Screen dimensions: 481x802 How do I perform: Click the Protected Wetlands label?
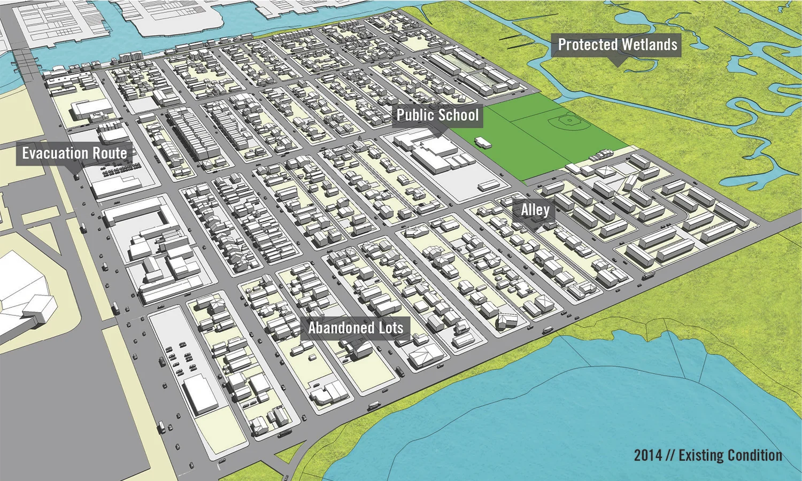(x=617, y=45)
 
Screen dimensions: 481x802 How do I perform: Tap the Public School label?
(x=437, y=115)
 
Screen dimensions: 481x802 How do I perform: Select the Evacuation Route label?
(x=74, y=153)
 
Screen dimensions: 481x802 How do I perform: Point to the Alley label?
(x=535, y=210)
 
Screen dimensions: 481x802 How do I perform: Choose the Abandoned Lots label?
(x=356, y=328)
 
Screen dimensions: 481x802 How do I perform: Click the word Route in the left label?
(x=110, y=153)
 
